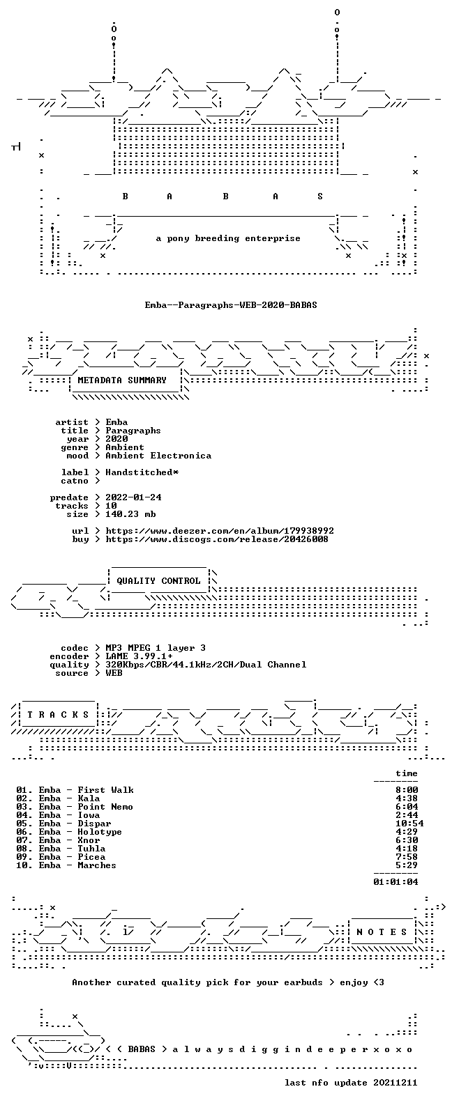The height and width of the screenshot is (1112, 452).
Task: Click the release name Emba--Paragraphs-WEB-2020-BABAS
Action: (231, 304)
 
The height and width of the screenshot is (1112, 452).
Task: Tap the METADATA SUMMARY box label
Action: (122, 380)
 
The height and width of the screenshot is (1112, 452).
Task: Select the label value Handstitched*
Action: (142, 472)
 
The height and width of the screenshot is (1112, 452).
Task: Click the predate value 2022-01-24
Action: (133, 497)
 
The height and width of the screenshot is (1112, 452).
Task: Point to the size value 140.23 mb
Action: (130, 513)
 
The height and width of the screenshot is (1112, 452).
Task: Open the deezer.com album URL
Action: (220, 531)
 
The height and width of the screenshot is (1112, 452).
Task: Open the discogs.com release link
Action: (217, 539)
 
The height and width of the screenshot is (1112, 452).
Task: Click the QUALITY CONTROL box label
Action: (158, 581)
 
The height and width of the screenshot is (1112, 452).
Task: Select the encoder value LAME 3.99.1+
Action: (139, 656)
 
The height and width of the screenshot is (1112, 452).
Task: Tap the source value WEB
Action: (114, 673)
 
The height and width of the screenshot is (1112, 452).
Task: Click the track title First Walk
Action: (105, 790)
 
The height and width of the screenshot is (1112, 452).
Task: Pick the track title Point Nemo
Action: (105, 807)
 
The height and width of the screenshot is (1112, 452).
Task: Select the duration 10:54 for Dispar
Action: (409, 824)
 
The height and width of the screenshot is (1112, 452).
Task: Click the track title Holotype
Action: (100, 832)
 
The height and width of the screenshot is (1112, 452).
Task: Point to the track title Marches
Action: (97, 865)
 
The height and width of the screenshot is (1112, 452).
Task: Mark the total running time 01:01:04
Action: (395, 882)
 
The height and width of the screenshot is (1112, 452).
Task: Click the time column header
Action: (407, 773)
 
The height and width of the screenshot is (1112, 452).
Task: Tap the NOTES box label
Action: (382, 932)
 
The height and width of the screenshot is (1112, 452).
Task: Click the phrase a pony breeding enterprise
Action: (228, 238)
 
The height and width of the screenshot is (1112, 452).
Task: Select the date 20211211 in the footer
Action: (395, 1082)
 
